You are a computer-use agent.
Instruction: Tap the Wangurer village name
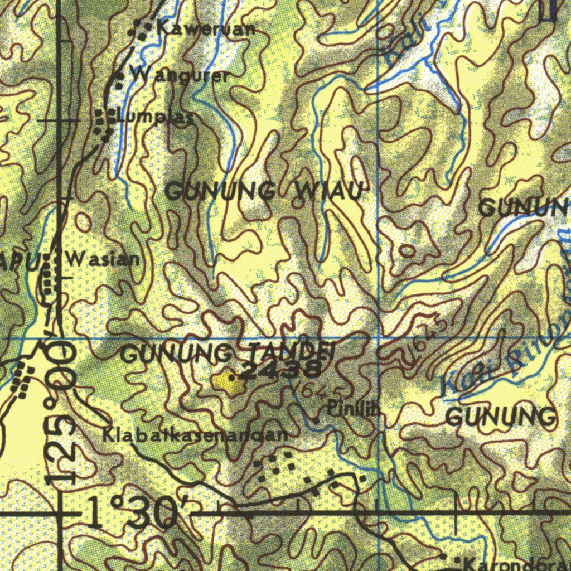pos(179,75)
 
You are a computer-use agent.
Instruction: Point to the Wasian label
pos(103,259)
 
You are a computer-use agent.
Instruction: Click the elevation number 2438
pos(282,369)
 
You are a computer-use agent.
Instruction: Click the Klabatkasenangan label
pos(195,435)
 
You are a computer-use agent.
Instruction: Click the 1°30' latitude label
pos(137,512)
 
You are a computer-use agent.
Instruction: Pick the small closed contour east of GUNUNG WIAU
pos(408,251)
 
